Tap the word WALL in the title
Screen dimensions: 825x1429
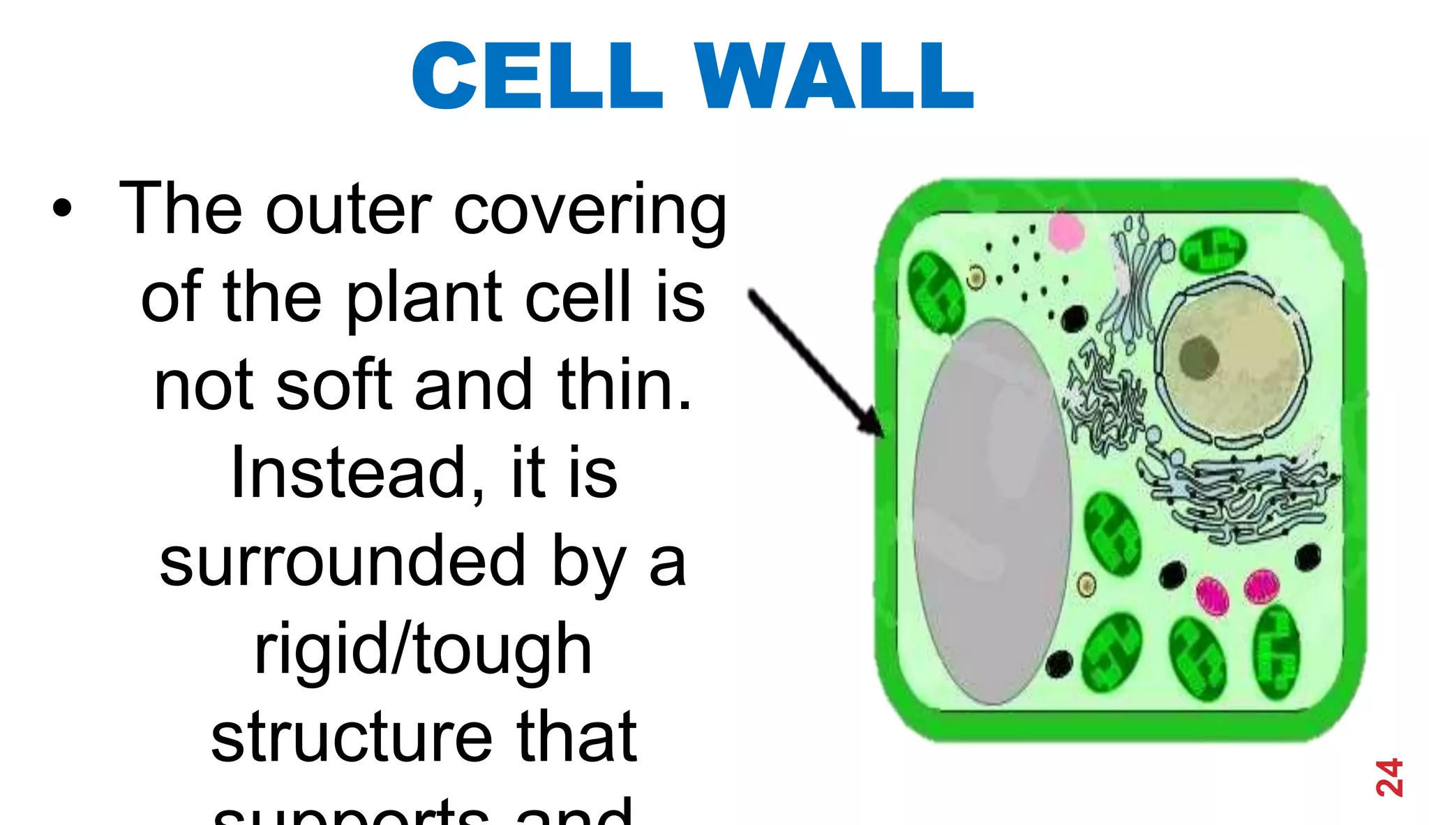pyautogui.click(x=834, y=75)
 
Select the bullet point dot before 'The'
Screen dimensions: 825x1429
pyautogui.click(x=62, y=208)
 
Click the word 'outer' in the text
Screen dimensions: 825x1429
pyautogui.click(x=348, y=209)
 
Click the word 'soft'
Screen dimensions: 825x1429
pyautogui.click(x=334, y=385)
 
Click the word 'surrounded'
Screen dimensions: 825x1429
pyautogui.click(x=343, y=562)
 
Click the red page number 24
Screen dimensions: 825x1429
pyautogui.click(x=1389, y=777)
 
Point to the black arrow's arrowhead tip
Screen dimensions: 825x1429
pyautogui.click(x=882, y=436)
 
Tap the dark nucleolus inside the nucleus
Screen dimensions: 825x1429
pyautogui.click(x=1198, y=357)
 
